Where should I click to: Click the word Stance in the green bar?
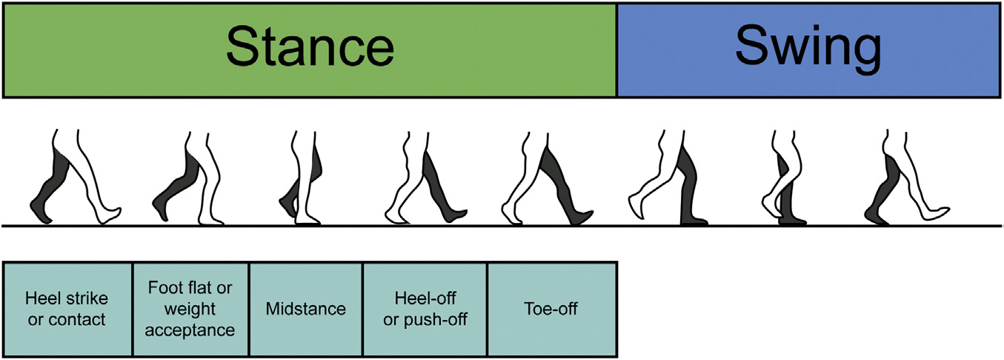pyautogui.click(x=310, y=47)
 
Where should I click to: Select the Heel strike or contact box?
pyautogui.click(x=67, y=310)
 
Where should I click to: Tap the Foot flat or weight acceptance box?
pyautogui.click(x=190, y=310)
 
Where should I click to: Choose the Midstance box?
pyautogui.click(x=306, y=310)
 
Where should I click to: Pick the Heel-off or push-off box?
pyautogui.click(x=425, y=310)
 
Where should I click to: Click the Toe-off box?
pyautogui.click(x=552, y=310)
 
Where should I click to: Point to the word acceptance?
pyautogui.click(x=190, y=330)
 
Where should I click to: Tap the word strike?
pyautogui.click(x=87, y=298)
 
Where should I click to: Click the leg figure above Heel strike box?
pyautogui.click(x=76, y=176)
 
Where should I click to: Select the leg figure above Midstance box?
pyautogui.click(x=300, y=178)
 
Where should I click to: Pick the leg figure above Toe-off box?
pyautogui.click(x=548, y=178)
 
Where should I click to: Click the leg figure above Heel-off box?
pyautogui.click(x=426, y=178)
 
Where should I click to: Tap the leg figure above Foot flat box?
pyautogui.click(x=187, y=178)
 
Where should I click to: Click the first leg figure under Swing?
pyautogui.click(x=668, y=178)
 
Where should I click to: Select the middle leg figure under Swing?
pyautogui.click(x=785, y=178)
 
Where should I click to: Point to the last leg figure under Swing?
pyautogui.click(x=907, y=176)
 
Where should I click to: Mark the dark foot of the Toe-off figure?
pyautogui.click(x=582, y=218)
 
